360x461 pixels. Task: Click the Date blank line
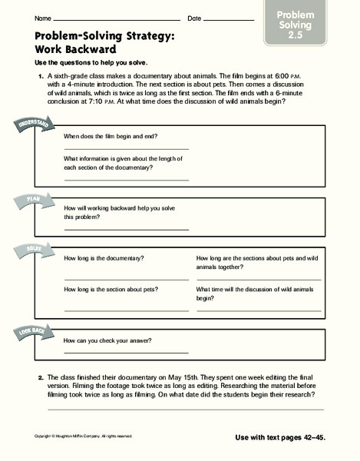pyautogui.click(x=230, y=19)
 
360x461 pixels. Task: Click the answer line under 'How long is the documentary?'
pyautogui.click(x=126, y=278)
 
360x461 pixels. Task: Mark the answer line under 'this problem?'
pyautogui.click(x=126, y=229)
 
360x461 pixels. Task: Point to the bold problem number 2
pyautogui.click(x=40, y=377)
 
